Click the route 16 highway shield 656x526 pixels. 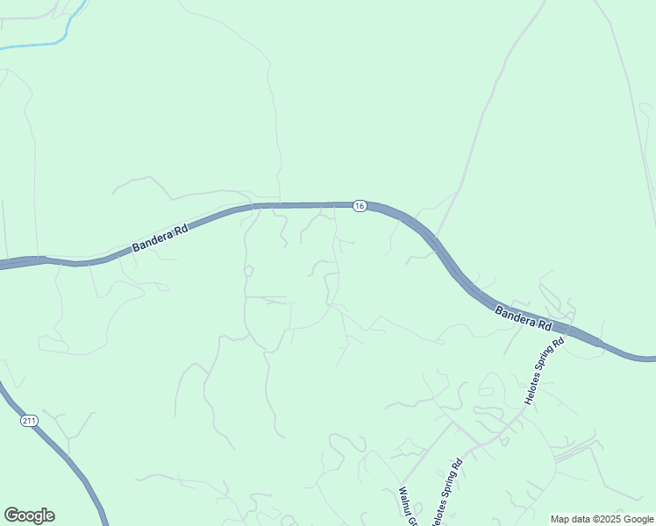360,206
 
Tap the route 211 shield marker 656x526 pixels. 30,422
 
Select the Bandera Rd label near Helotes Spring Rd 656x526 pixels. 523,317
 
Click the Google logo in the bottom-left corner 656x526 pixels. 29,515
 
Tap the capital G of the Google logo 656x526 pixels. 11,515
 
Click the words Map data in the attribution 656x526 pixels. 570,519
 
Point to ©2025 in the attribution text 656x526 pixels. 604,519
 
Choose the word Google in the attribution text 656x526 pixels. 637,519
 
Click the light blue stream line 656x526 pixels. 35,45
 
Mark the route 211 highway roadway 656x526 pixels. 70,460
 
